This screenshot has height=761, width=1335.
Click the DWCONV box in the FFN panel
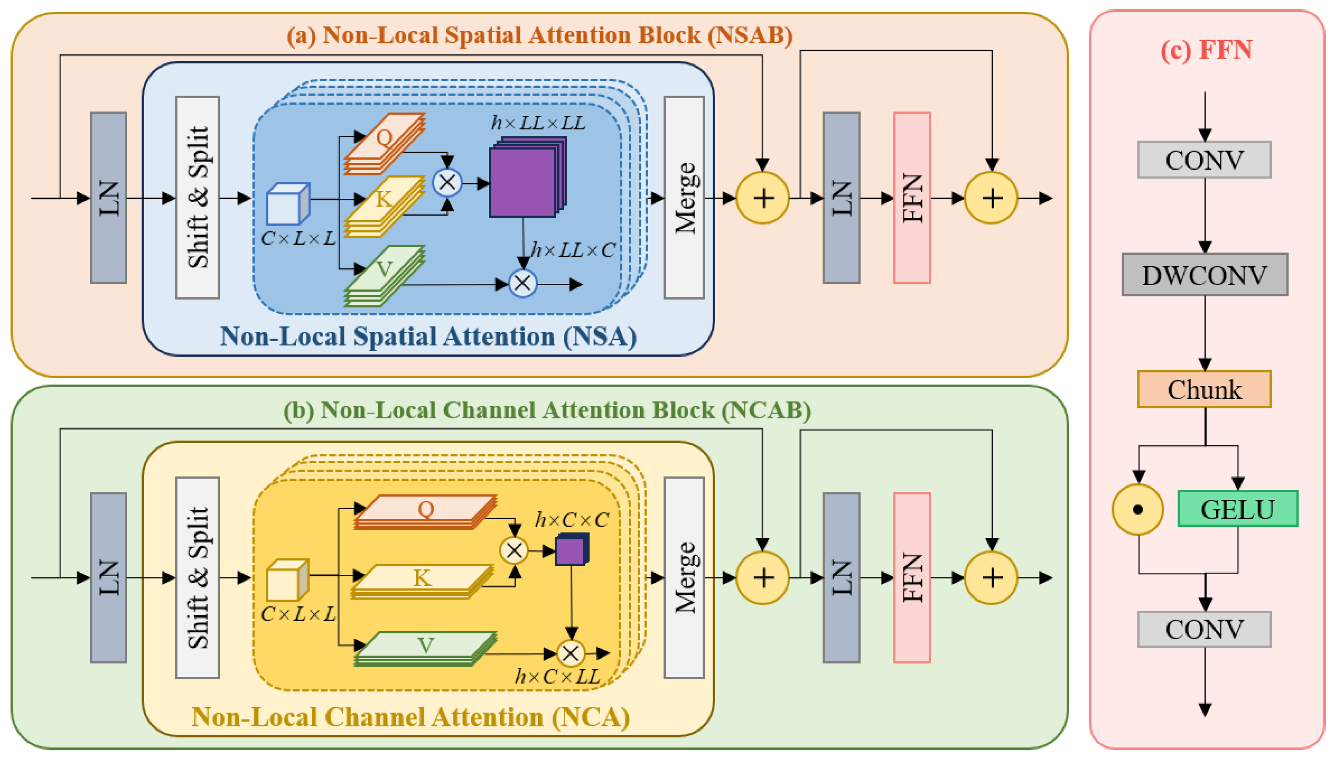(1204, 275)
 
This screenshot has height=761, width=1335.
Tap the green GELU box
(1237, 509)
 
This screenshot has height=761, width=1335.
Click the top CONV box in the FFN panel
(1204, 160)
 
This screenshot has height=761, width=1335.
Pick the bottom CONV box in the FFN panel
(1204, 629)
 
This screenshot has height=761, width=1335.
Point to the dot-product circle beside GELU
(1137, 509)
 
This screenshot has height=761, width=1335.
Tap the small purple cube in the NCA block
(571, 550)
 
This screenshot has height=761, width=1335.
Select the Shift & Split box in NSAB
(197, 198)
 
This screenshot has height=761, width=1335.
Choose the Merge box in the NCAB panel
(684, 577)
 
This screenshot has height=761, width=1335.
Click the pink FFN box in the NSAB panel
(911, 198)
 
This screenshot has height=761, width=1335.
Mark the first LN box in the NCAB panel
(108, 577)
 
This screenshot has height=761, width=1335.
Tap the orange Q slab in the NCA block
(425, 511)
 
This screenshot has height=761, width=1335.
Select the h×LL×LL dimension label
(538, 123)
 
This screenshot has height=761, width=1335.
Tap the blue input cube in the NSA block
(287, 204)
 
